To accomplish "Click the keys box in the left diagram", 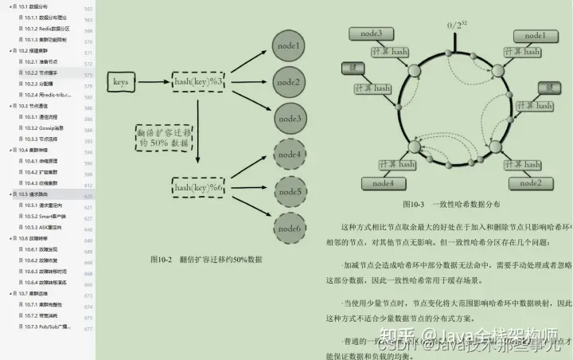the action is tap(121, 82).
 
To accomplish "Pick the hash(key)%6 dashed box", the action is tap(198, 186).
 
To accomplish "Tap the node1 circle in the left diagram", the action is tap(288, 46).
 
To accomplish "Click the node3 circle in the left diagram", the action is tap(288, 119).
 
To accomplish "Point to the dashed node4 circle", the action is tap(288, 155).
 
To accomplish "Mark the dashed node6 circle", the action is tap(288, 229).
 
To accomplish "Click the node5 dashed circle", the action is tap(288, 192).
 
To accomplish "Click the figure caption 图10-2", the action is tap(206, 260).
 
